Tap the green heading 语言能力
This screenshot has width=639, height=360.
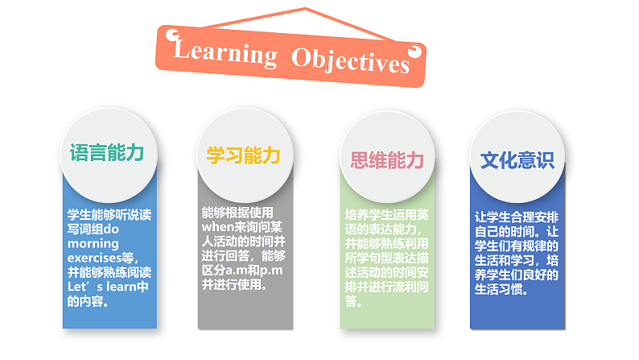(106, 153)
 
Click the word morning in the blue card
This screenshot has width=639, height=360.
(93, 243)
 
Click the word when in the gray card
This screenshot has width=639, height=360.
(217, 227)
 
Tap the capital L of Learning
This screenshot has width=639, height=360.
(183, 50)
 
